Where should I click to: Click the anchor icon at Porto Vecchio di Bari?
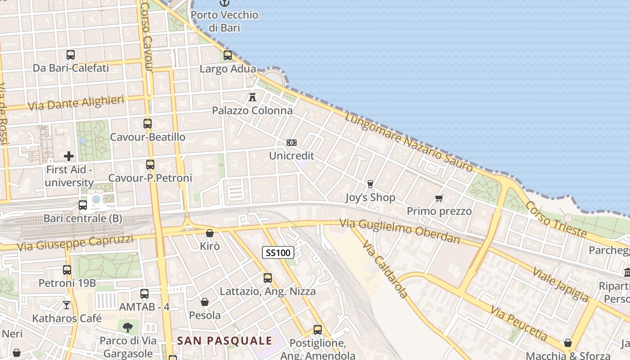pyautogui.click(x=224, y=3)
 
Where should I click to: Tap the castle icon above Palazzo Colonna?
pyautogui.click(x=252, y=96)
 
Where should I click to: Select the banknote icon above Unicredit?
pyautogui.click(x=291, y=143)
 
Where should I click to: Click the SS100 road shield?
pyautogui.click(x=278, y=253)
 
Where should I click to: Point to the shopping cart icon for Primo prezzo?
pyautogui.click(x=439, y=198)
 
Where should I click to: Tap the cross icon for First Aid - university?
pyautogui.click(x=69, y=156)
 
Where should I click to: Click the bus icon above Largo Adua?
pyautogui.click(x=228, y=55)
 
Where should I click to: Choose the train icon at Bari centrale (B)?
pyautogui.click(x=83, y=205)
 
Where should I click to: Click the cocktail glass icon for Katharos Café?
pyautogui.click(x=67, y=305)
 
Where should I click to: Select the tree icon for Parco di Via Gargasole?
pyautogui.click(x=128, y=327)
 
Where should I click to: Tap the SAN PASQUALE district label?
pyautogui.click(x=225, y=341)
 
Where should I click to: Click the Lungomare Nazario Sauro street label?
pyautogui.click(x=409, y=142)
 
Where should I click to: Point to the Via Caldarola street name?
pyautogui.click(x=385, y=270)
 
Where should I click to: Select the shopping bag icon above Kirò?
pyautogui.click(x=209, y=233)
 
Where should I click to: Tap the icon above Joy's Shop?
pyautogui.click(x=370, y=184)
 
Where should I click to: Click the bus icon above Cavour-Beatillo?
pyautogui.click(x=148, y=123)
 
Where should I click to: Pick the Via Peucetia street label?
pyautogui.click(x=519, y=323)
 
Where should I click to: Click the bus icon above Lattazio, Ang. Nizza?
pyautogui.click(x=268, y=278)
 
